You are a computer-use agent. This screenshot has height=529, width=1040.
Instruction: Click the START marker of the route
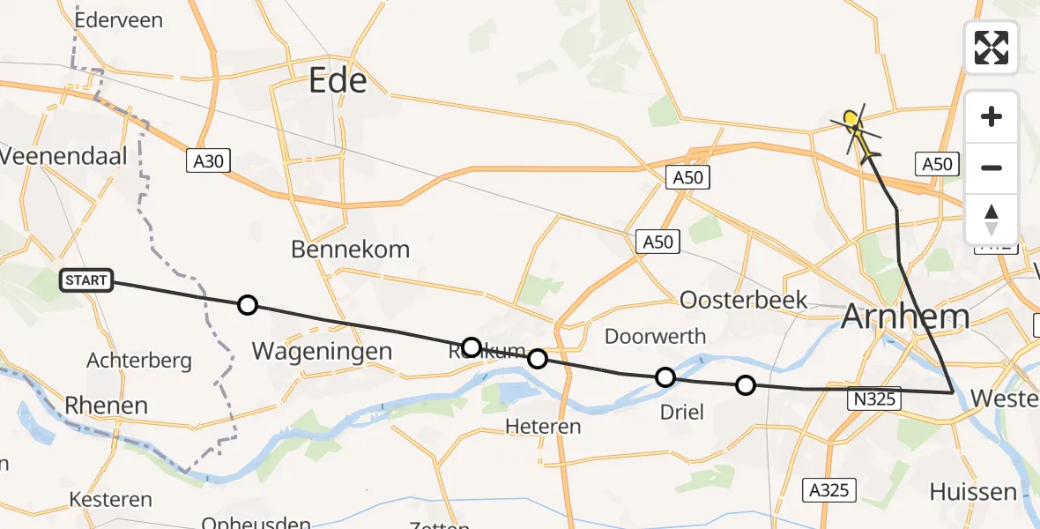pos(85,281)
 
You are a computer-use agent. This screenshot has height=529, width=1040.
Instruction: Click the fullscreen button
pos(991,48)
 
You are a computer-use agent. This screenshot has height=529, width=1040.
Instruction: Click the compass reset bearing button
pos(991,220)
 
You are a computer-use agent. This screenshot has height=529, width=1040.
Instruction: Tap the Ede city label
pos(338,82)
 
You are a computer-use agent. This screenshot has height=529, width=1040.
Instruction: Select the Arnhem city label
pos(905,317)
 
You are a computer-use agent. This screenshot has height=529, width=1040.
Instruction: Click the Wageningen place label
pos(322,351)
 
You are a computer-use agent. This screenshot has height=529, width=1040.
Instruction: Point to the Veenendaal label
pos(64,157)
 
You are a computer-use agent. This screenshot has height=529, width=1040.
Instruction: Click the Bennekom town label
pos(350,250)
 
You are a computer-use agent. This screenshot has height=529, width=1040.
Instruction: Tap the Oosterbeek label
pos(744,300)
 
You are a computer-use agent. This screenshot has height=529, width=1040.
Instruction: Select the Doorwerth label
pos(655,336)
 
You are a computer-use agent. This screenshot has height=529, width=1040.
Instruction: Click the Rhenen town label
pos(107,406)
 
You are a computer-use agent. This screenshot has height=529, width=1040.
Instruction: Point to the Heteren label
pos(543,427)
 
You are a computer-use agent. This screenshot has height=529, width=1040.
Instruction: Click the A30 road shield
pos(208,161)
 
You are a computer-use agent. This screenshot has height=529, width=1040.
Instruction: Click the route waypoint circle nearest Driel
pos(665,377)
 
